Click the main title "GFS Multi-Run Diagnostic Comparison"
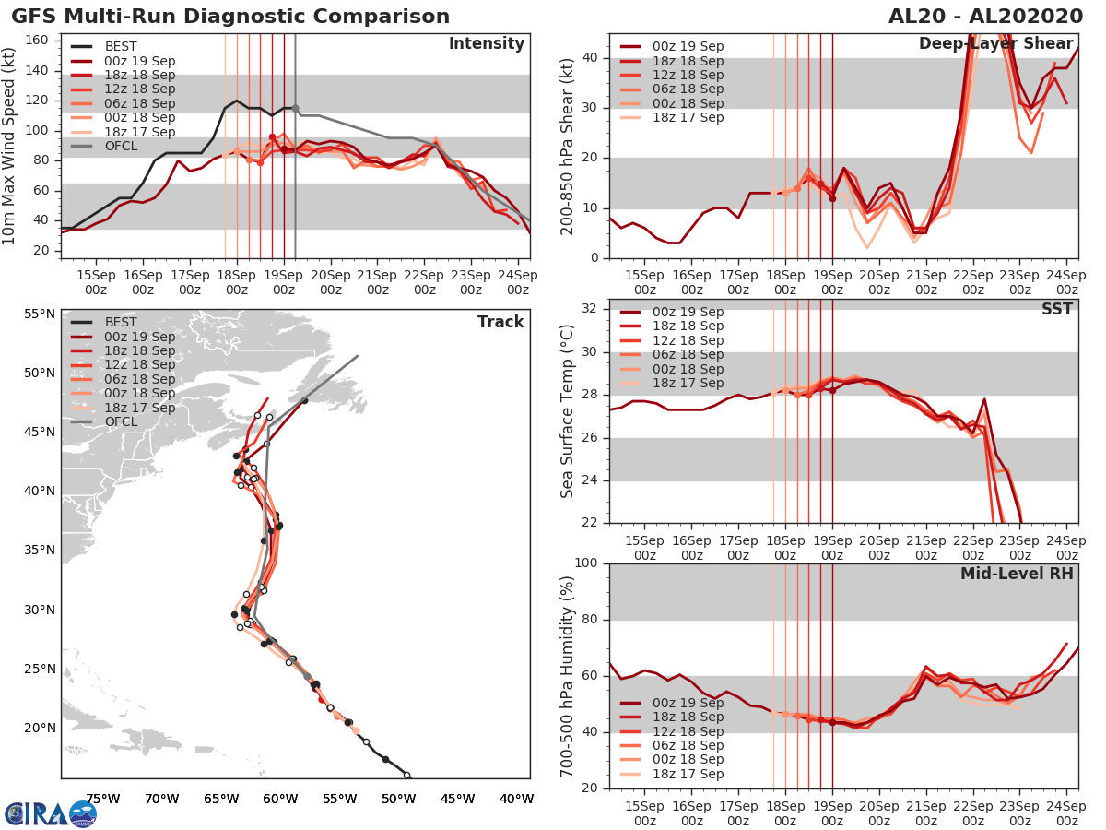[230, 17]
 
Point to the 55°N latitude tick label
[38, 314]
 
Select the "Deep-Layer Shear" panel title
[995, 44]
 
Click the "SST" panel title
[1057, 309]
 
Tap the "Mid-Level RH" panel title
[1017, 574]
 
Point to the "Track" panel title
[500, 322]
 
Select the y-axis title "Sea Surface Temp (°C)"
[568, 411]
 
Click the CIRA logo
[51, 813]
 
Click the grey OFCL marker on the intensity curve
[295, 108]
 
